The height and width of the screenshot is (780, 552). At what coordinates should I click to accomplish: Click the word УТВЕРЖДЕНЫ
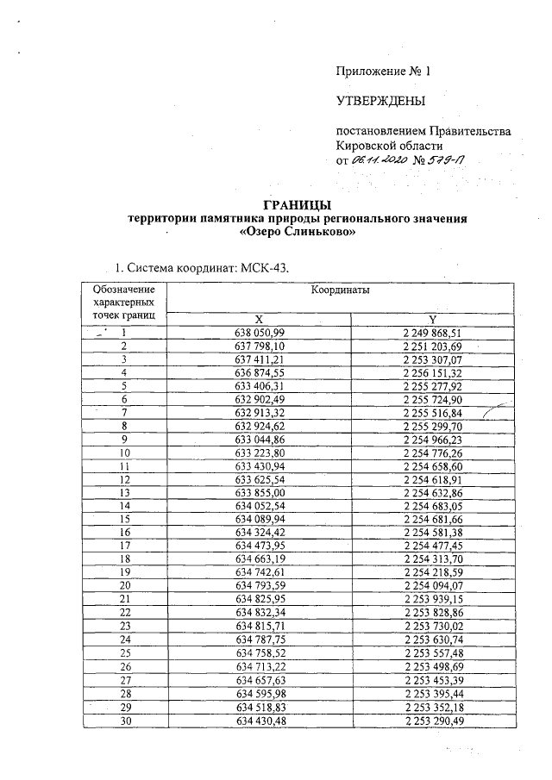[380, 102]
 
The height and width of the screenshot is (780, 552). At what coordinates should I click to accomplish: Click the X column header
[259, 319]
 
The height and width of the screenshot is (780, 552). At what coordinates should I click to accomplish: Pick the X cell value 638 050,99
[259, 332]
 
